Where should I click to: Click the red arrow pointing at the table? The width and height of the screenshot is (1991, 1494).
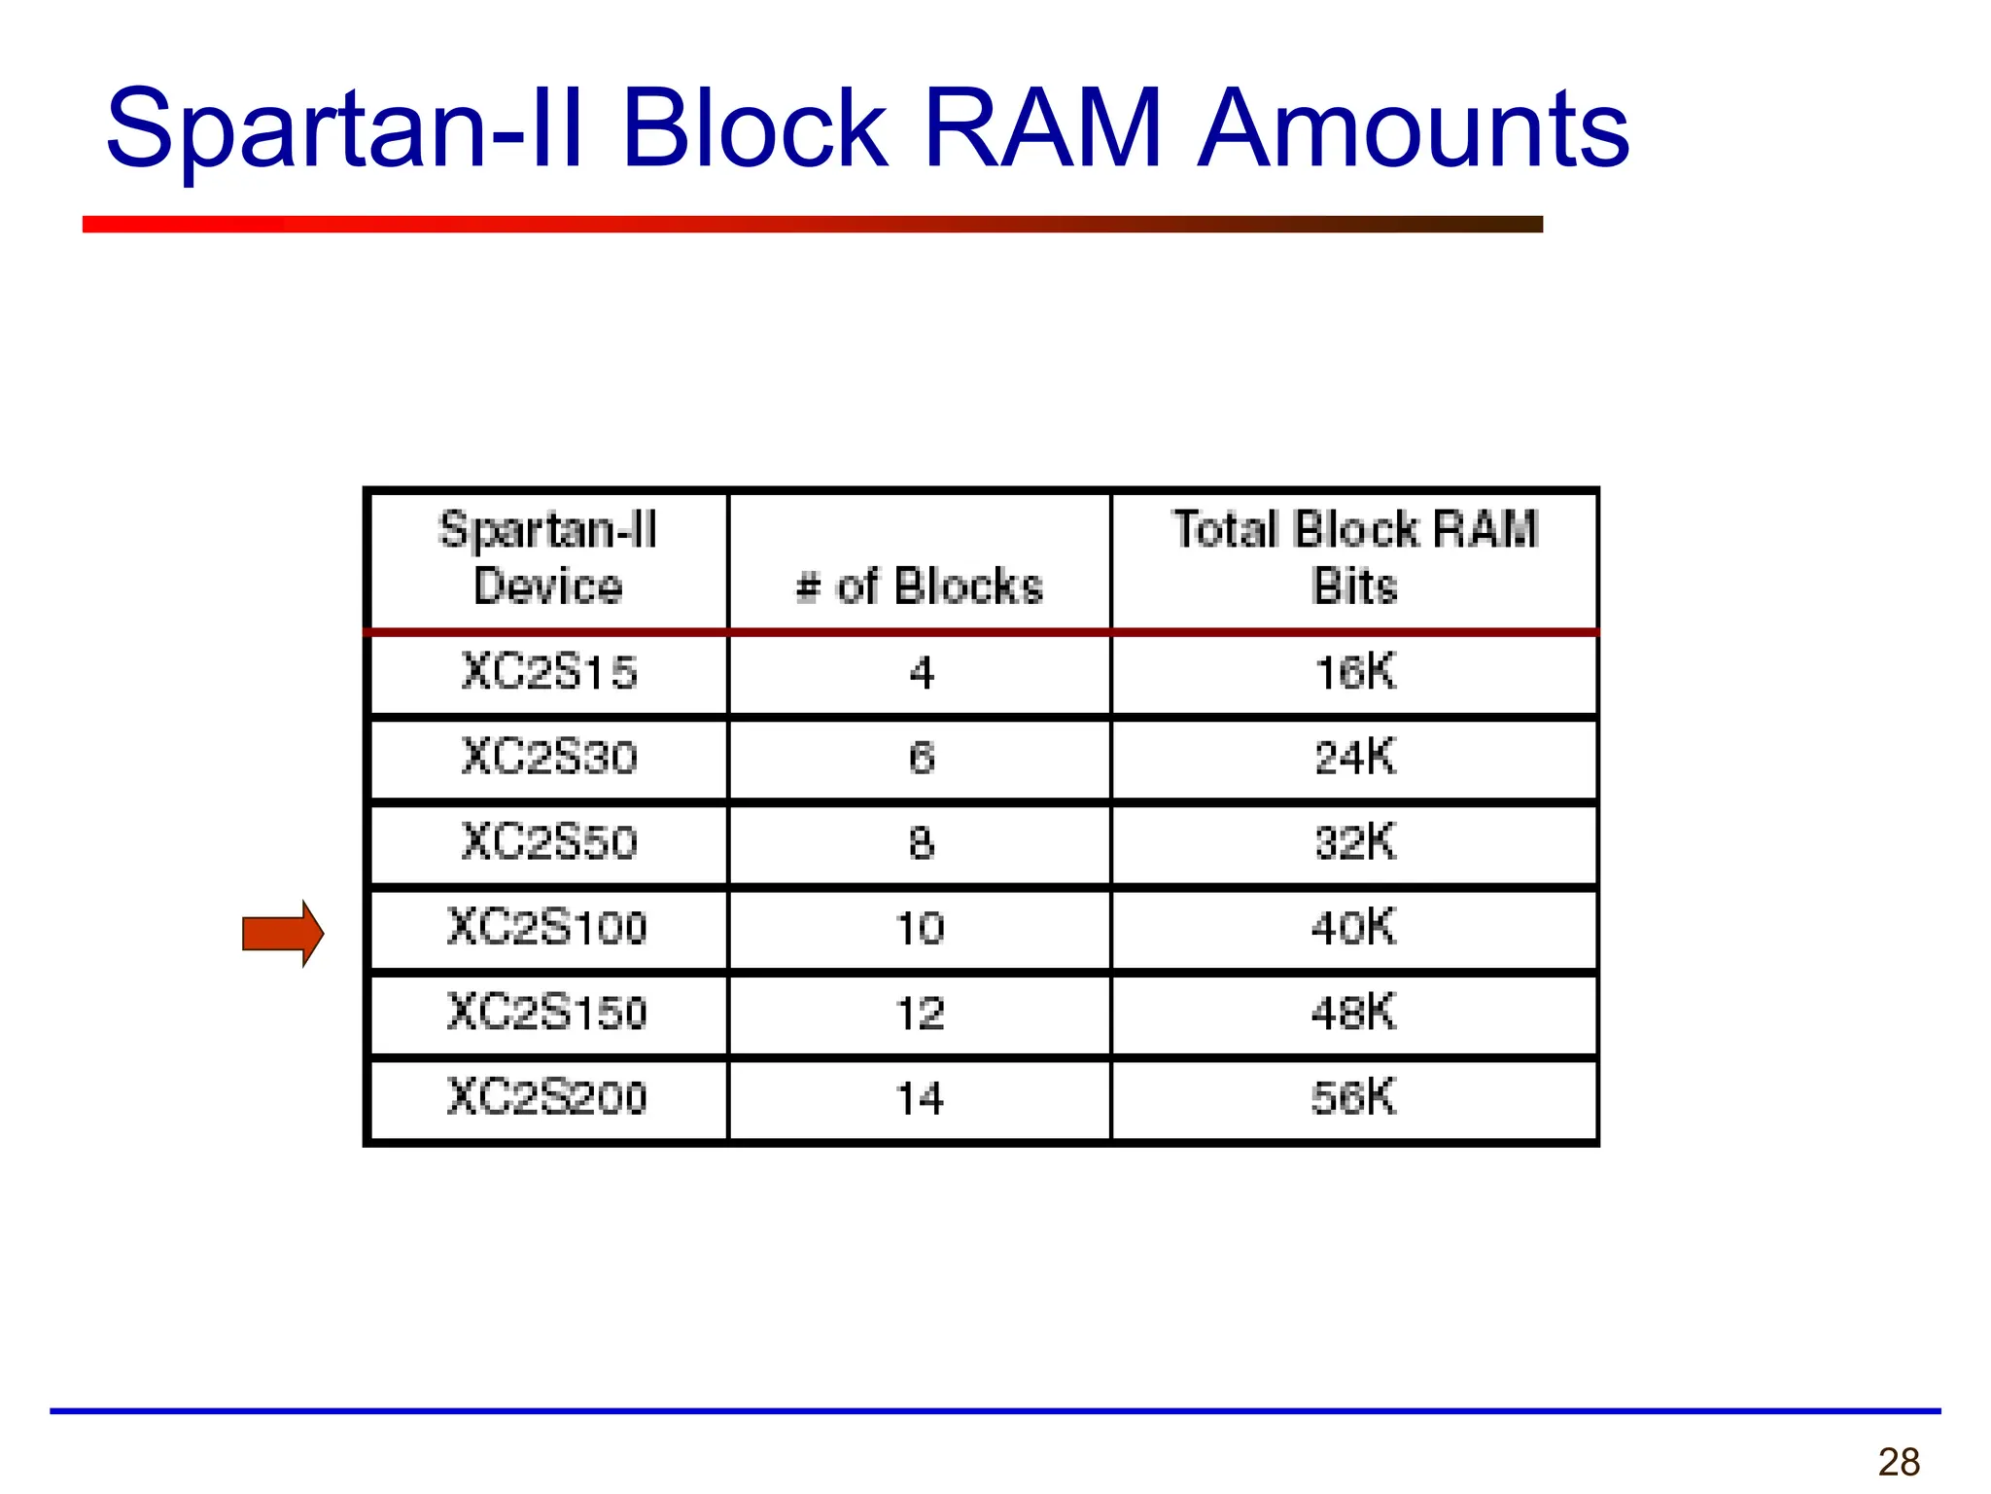coord(282,934)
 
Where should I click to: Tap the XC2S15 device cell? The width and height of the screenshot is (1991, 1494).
coord(549,672)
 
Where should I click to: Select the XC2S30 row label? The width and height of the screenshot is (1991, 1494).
coord(549,757)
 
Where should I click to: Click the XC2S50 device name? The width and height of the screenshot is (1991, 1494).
coord(549,841)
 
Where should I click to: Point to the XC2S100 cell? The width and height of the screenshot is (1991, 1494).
coord(547,927)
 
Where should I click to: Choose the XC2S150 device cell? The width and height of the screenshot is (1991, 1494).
coord(547,1013)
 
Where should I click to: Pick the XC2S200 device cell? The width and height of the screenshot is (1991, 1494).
coord(547,1097)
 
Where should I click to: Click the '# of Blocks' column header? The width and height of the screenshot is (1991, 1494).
coord(920,586)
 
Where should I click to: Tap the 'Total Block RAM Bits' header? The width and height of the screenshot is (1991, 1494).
coord(1355,558)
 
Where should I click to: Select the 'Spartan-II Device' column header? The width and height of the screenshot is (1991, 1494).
coord(548,558)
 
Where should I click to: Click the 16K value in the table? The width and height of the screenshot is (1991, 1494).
coord(1355,672)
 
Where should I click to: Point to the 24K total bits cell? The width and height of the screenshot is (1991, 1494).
coord(1355,757)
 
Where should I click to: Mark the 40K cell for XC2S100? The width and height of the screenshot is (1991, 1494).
coord(1353,927)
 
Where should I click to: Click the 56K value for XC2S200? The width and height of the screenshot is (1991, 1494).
coord(1353,1097)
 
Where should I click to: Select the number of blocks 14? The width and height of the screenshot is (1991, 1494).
coord(920,1098)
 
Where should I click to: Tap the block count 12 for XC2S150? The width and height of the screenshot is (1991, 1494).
coord(920,1014)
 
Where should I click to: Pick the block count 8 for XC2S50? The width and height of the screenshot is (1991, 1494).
coord(922,842)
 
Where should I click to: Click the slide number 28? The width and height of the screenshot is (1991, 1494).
coord(1899,1462)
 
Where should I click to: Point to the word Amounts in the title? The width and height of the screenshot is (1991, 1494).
coord(1413,128)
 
